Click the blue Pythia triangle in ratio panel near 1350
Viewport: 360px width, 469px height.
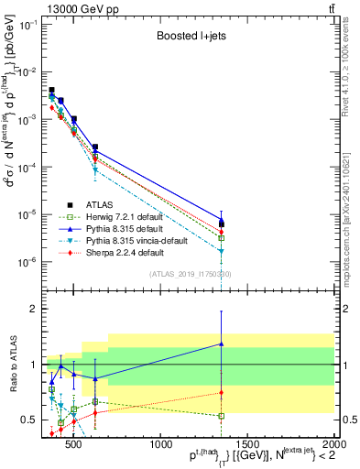(222, 344)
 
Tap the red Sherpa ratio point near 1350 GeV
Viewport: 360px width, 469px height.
(222, 393)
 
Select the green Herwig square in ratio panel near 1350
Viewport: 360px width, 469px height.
(222, 416)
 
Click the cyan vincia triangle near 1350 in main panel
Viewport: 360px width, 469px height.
(222, 250)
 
